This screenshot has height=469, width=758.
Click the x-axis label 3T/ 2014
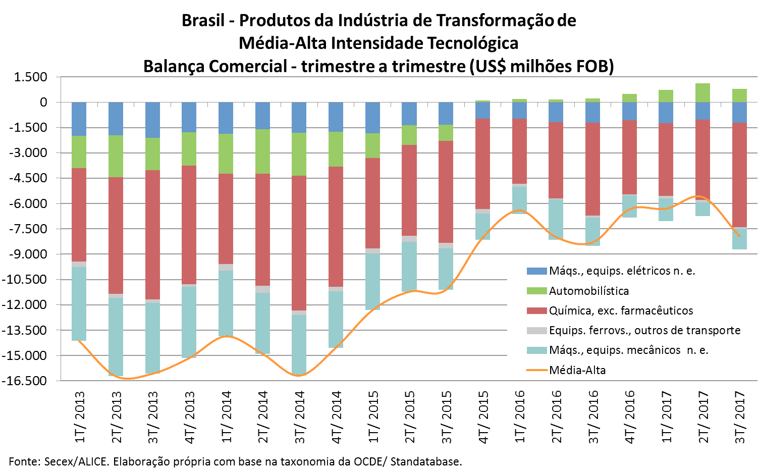pos(300,417)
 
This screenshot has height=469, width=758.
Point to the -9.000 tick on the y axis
pos(30,254)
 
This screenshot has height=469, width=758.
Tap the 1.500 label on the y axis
pos(31,77)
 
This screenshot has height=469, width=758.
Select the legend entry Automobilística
pos(588,291)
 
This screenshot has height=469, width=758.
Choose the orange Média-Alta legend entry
pos(577,370)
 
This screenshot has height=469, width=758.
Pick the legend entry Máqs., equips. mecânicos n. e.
pos(628,350)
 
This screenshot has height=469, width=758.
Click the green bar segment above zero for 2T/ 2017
pos(702,93)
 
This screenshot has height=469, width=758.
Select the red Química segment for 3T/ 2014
pos(299,243)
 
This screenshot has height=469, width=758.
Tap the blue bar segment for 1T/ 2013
pos(79,119)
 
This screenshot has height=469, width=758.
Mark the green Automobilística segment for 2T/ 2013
pos(116,157)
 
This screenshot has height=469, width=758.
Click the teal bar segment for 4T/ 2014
pos(336,319)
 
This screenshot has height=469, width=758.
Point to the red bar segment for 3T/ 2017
pos(739,175)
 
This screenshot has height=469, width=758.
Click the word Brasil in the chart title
pos(203,21)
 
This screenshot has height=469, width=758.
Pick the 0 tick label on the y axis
pos(44,102)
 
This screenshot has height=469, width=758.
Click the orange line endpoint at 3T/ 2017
pos(739,236)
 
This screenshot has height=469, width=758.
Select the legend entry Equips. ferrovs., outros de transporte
pos(644,330)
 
